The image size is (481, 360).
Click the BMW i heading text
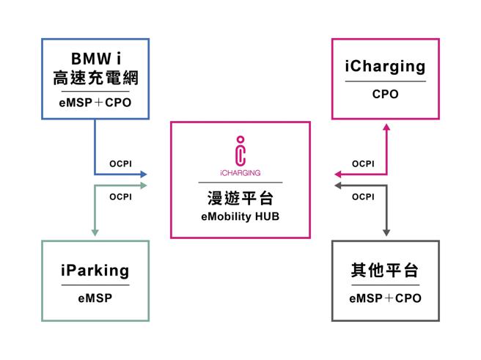click(95, 58)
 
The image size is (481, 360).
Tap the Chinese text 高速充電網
click(95, 77)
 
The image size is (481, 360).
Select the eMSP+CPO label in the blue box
click(95, 103)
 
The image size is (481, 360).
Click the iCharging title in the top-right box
click(385, 67)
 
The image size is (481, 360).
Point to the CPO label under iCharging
click(385, 95)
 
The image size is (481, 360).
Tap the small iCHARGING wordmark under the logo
click(240, 174)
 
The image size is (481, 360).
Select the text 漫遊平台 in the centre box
click(240, 199)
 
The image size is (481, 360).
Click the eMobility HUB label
click(240, 217)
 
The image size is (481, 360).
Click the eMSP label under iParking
click(95, 298)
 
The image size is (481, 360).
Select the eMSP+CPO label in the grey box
click(385, 298)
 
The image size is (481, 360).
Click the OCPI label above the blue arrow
click(120, 164)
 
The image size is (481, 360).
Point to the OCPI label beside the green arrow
click(120, 196)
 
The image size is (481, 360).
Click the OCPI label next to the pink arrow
click(362, 164)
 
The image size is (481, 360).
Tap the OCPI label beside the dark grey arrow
click(362, 196)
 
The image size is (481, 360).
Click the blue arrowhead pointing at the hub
click(143, 175)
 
